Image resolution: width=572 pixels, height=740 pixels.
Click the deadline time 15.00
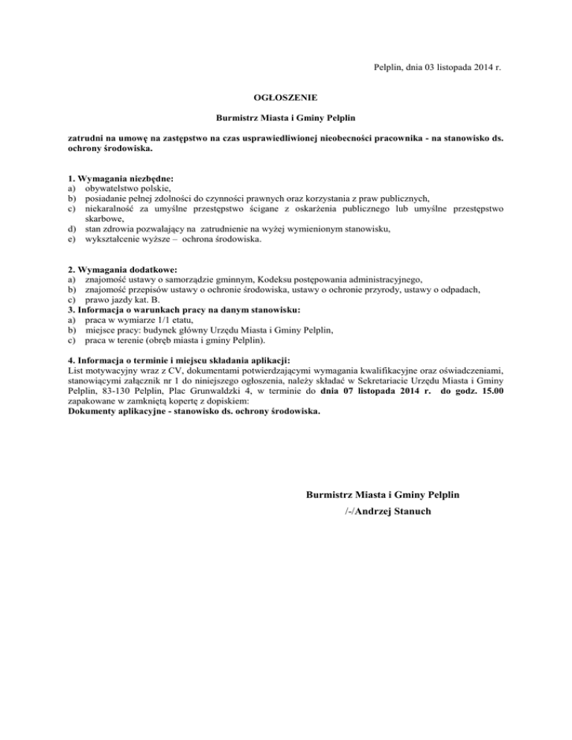[489, 390]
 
